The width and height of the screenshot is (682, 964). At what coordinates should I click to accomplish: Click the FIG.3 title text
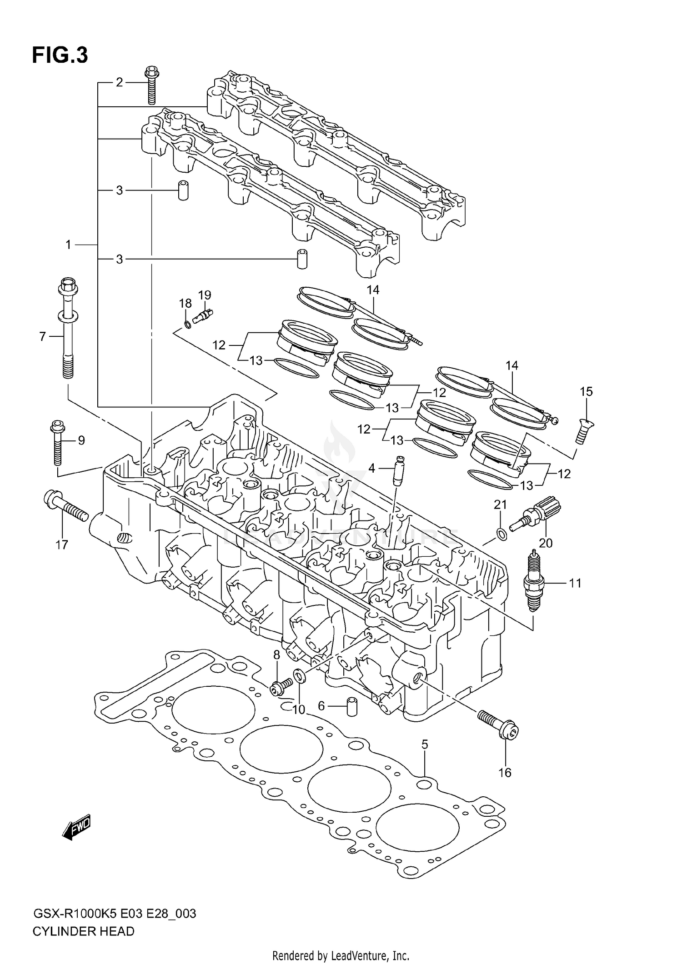60,55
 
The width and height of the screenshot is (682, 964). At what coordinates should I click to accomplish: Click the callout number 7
42,337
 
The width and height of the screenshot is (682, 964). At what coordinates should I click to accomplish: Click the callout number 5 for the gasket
424,745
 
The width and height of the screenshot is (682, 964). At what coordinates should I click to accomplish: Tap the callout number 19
205,295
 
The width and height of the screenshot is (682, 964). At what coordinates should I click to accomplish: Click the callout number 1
68,245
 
